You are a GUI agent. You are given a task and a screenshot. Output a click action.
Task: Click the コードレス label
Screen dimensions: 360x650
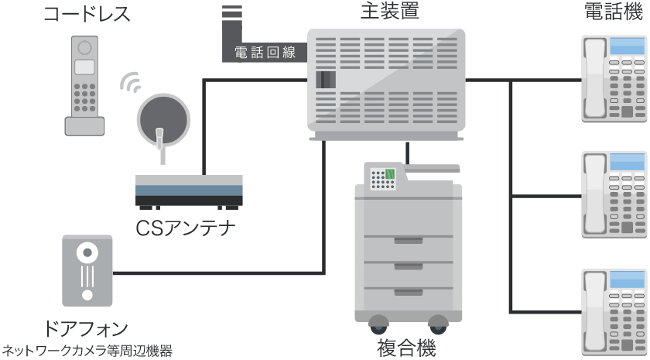[x=86, y=13]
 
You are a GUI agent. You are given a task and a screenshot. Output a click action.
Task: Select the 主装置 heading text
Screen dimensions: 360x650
[x=385, y=12]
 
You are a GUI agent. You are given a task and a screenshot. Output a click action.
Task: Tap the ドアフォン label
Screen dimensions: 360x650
[x=86, y=327]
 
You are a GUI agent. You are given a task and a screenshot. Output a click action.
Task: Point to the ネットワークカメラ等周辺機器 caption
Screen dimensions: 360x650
[x=86, y=350]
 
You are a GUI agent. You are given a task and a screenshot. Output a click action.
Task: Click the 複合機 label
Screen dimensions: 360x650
[x=409, y=345]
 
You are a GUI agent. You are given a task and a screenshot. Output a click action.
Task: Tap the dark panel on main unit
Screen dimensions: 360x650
[x=327, y=79]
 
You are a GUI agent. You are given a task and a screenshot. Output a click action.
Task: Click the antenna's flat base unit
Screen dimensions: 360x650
[x=189, y=190]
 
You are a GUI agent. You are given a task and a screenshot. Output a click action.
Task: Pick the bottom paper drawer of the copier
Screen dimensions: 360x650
[x=408, y=291]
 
